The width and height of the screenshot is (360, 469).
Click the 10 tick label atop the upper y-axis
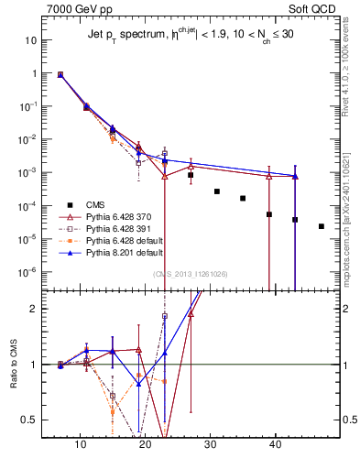(30, 40)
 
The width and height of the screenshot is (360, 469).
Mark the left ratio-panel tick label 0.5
(27, 420)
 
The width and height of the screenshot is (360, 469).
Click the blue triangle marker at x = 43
(295, 176)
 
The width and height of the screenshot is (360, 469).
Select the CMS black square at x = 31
(217, 191)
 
